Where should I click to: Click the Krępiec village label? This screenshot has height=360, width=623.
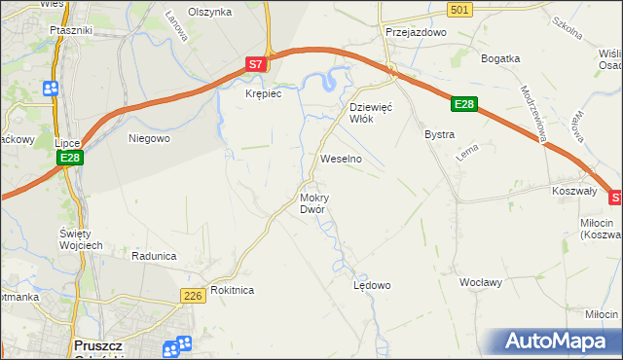click(263, 93)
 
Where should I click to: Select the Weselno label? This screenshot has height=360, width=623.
click(341, 158)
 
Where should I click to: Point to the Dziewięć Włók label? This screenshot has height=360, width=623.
click(370, 112)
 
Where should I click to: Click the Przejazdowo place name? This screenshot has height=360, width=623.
click(415, 31)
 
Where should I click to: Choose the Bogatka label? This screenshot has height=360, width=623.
click(501, 58)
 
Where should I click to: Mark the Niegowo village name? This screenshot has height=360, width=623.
click(150, 138)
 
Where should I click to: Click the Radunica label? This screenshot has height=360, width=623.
click(154, 256)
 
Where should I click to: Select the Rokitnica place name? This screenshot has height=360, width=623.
click(232, 290)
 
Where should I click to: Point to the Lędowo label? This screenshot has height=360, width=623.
click(371, 286)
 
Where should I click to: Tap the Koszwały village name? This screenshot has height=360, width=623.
click(573, 192)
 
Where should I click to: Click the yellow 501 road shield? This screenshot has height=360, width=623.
click(461, 9)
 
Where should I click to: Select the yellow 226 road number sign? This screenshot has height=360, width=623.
click(191, 294)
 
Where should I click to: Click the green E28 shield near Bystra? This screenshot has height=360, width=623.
click(464, 104)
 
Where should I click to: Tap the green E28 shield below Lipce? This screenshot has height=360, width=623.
click(68, 158)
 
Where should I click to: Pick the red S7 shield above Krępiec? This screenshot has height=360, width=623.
click(255, 65)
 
